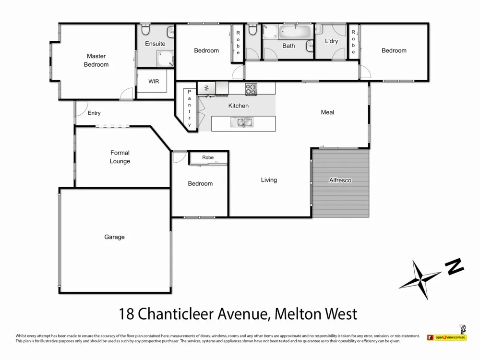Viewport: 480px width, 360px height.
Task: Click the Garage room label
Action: coord(114,237)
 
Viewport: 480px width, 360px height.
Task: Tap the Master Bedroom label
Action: coord(96,60)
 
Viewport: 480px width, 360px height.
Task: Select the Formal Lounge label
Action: coord(120,157)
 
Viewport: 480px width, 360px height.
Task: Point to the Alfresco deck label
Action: coord(340,180)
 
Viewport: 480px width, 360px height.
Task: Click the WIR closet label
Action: coord(153,82)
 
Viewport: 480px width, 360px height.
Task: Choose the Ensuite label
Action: coord(155,44)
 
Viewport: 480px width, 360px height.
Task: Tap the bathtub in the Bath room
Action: coord(294,33)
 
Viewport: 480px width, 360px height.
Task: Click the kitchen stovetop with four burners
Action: coord(251,88)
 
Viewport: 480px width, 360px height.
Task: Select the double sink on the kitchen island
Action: coord(242,122)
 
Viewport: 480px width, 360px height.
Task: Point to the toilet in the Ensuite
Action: coord(146,30)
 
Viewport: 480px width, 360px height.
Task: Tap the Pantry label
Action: coord(189,108)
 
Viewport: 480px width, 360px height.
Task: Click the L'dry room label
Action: coord(331,41)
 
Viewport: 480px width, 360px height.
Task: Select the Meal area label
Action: coord(327,112)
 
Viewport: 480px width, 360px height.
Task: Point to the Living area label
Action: coord(269,180)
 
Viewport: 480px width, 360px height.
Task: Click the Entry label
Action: coord(94,113)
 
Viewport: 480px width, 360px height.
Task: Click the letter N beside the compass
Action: coord(454,266)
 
